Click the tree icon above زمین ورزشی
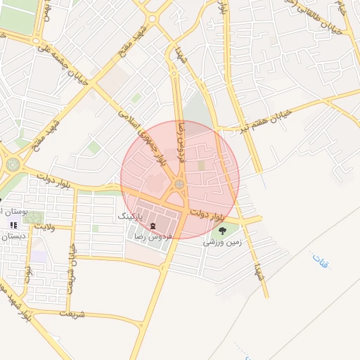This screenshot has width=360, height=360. tap(223, 230)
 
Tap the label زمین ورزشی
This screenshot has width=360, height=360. tap(222, 241)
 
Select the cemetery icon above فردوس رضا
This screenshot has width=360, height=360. tap(153, 225)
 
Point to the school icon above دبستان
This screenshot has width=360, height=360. tap(13, 225)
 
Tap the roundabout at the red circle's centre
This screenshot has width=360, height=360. tap(179, 185)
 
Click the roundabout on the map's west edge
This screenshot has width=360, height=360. tap(13, 165)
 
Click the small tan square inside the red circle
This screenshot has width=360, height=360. tap(202, 165)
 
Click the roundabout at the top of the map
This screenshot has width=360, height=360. tap(153, 18)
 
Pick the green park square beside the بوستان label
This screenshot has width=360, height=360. tap(33, 218)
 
